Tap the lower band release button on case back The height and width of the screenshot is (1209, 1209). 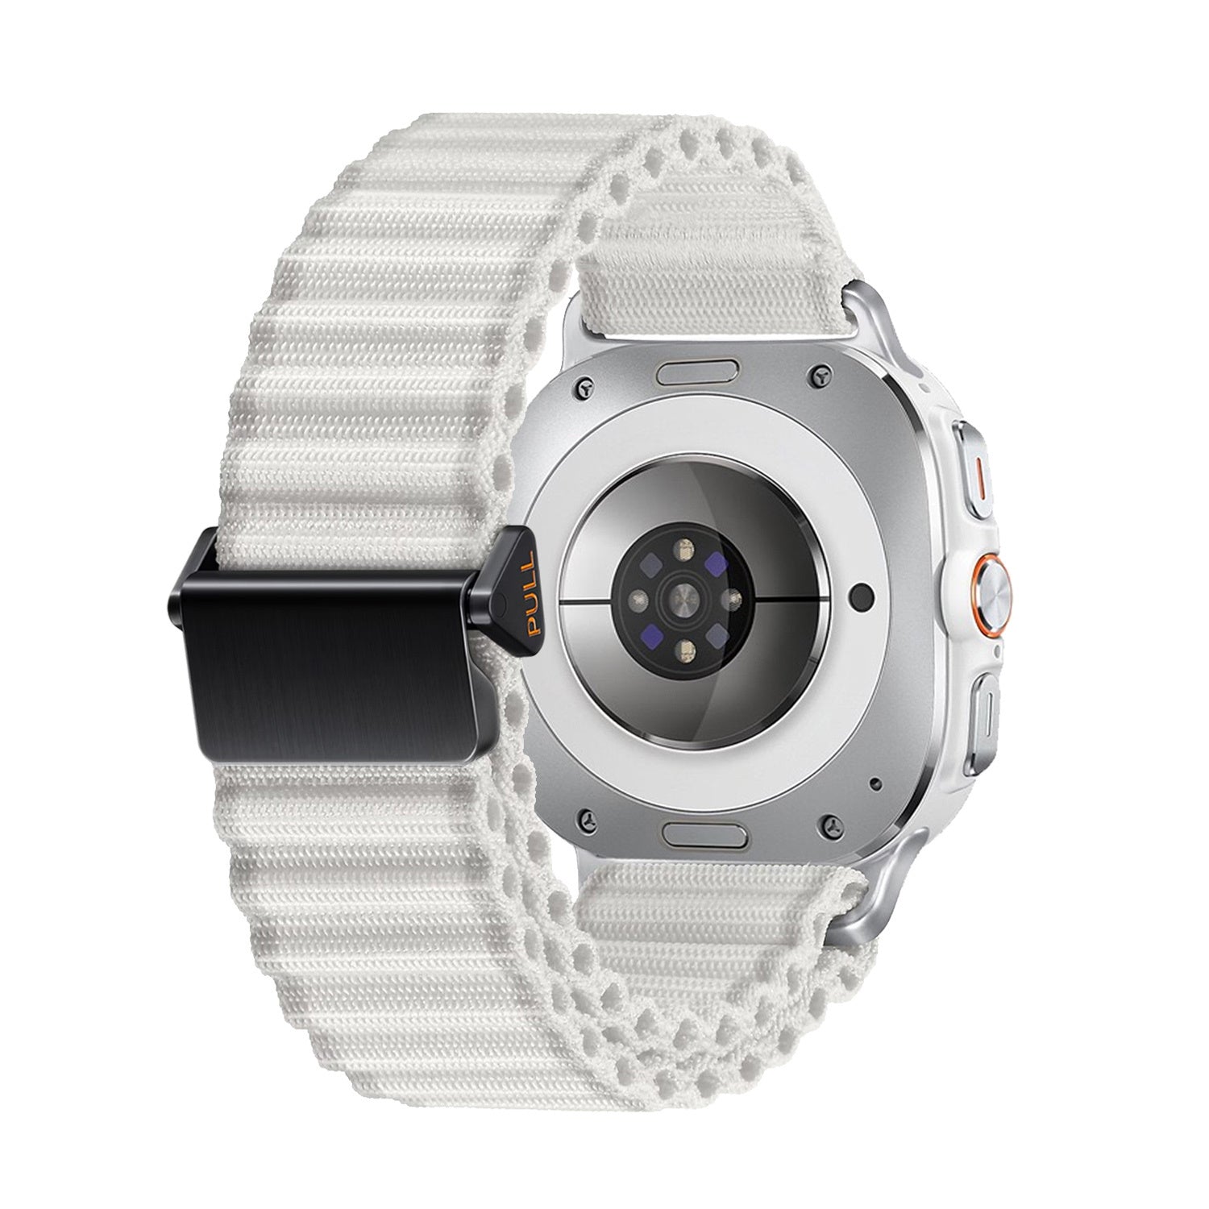tap(701, 832)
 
